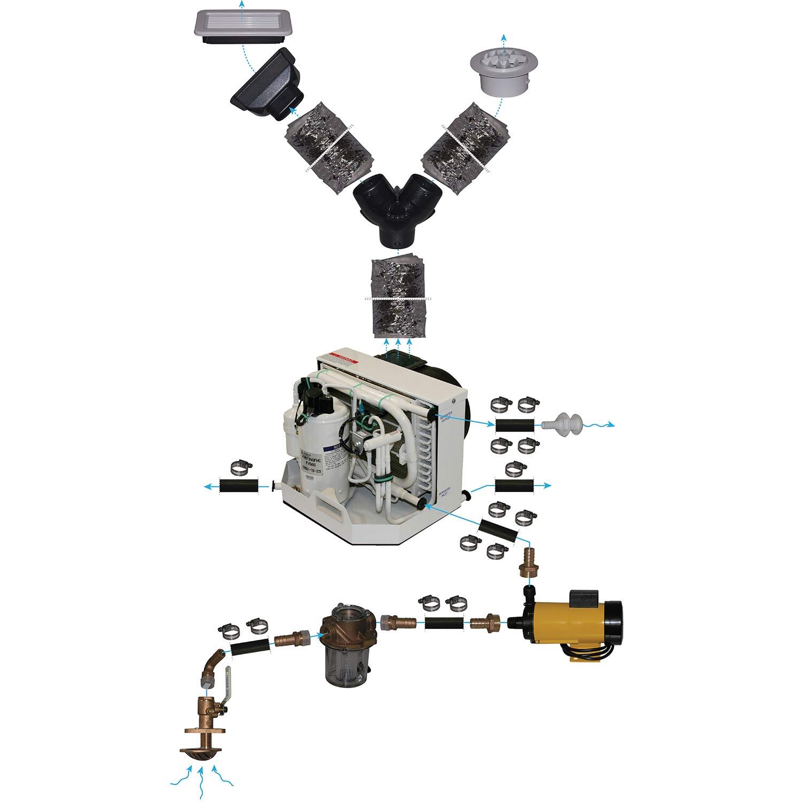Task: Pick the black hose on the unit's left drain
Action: point(240,486)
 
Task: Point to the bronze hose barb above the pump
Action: point(528,562)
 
